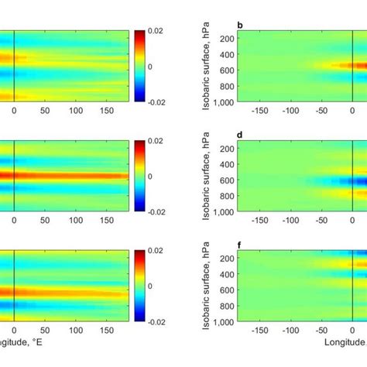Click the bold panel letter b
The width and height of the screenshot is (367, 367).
point(239,26)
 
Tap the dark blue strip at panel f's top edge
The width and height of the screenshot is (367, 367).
point(358,252)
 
